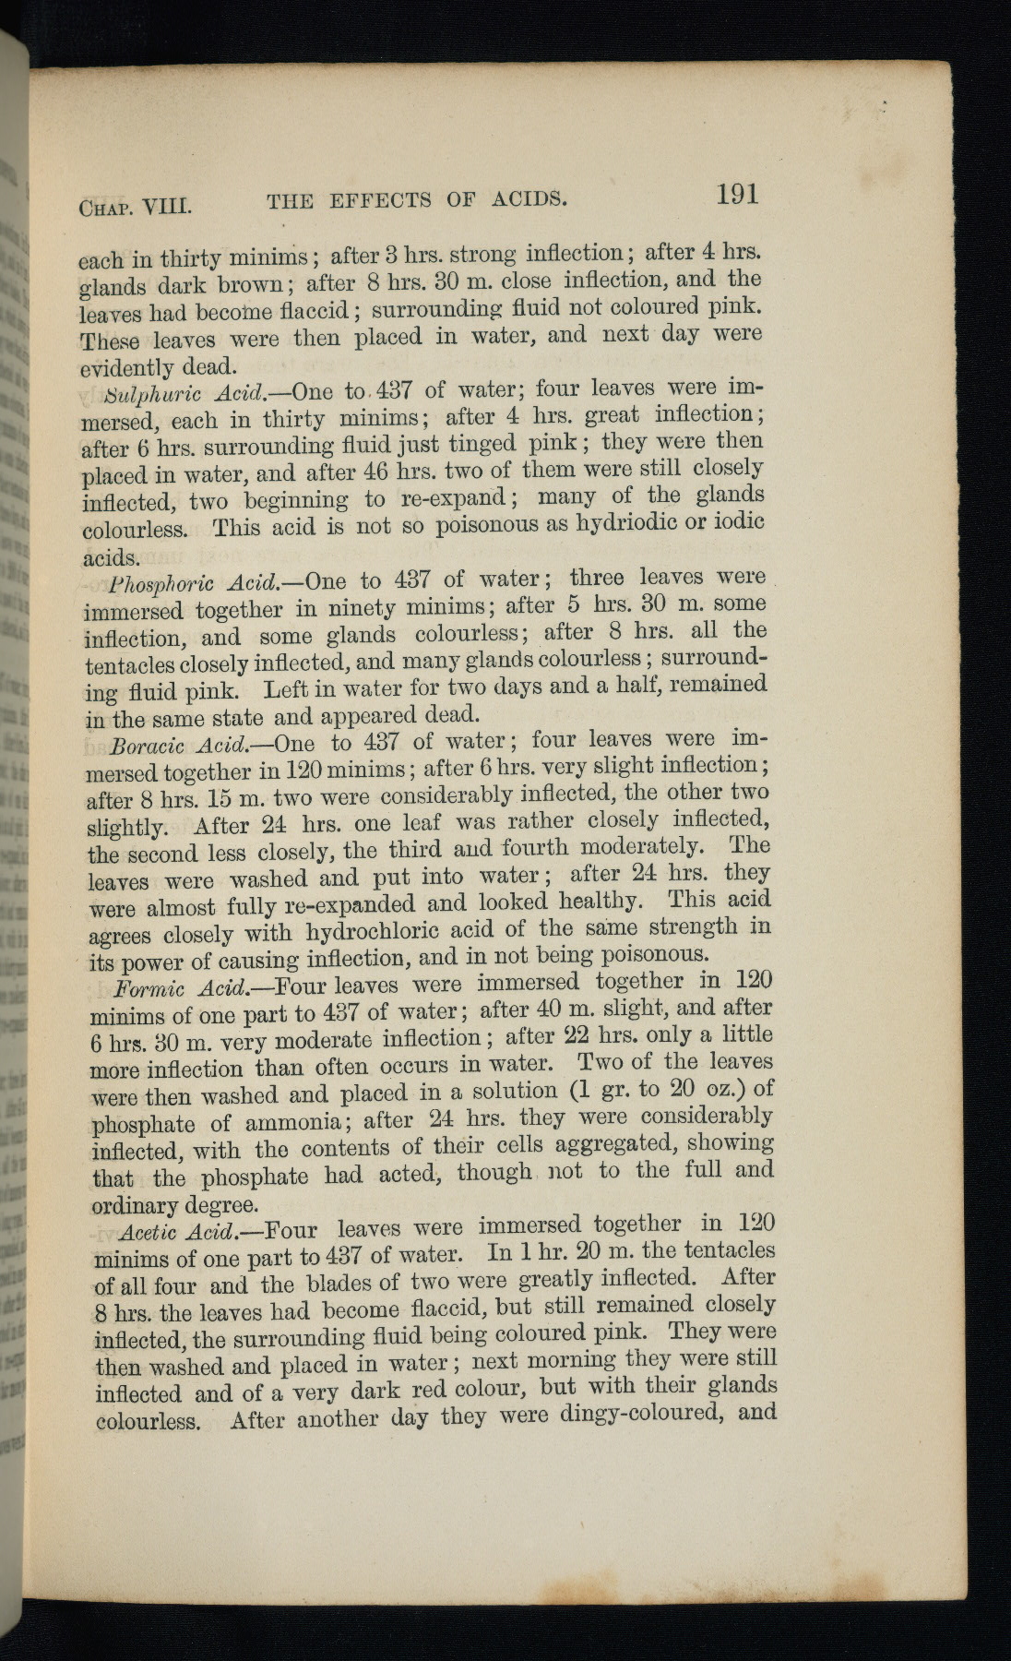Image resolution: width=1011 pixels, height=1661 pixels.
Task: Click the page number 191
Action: point(736,194)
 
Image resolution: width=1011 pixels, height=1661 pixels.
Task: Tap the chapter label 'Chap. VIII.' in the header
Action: point(135,204)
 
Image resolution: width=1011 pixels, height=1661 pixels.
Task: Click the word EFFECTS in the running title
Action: point(379,200)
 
